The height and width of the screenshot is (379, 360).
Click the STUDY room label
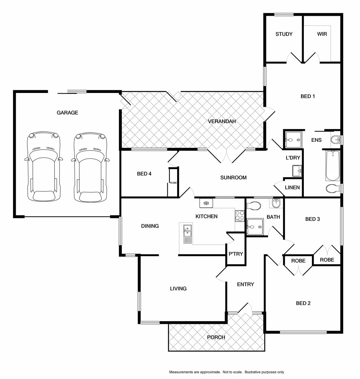284,34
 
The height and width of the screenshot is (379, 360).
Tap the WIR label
322,34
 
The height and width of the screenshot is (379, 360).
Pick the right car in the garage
90,167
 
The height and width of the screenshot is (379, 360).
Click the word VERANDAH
222,121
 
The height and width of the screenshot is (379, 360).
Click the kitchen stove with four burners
240,215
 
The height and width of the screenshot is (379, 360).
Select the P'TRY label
235,254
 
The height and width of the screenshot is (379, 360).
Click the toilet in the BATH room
254,206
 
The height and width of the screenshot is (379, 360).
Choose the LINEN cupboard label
292,187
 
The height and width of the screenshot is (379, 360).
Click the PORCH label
216,337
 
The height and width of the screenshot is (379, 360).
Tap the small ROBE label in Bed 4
173,182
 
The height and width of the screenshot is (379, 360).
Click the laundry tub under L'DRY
297,171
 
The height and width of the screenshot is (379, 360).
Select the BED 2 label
303,303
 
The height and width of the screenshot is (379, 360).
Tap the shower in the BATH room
255,226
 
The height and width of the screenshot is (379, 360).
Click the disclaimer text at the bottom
227,372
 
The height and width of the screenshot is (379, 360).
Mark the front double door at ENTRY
245,309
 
